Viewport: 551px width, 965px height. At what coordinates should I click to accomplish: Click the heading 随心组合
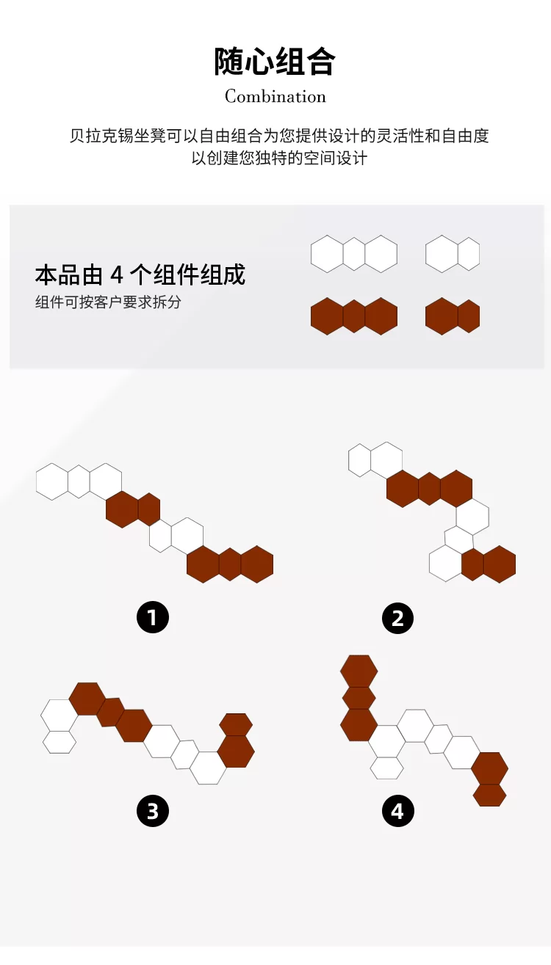pyautogui.click(x=275, y=62)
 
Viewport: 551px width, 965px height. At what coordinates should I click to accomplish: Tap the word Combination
pyautogui.click(x=275, y=96)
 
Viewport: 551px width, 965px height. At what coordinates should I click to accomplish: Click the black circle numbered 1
pyautogui.click(x=153, y=617)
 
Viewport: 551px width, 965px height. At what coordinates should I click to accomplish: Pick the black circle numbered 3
pyautogui.click(x=153, y=811)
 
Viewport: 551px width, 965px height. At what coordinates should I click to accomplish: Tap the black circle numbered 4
pyautogui.click(x=397, y=811)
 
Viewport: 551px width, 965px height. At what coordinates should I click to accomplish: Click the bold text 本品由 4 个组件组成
pyautogui.click(x=140, y=274)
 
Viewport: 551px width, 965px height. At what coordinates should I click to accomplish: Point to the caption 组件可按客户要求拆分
pyautogui.click(x=108, y=302)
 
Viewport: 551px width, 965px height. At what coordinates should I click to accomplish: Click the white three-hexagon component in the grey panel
pyautogui.click(x=354, y=254)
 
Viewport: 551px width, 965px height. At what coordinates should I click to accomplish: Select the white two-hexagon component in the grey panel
pyautogui.click(x=452, y=254)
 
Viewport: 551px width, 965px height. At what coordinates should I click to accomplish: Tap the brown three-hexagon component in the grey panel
pyautogui.click(x=354, y=316)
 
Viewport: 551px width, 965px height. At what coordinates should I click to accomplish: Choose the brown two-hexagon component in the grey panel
pyautogui.click(x=452, y=316)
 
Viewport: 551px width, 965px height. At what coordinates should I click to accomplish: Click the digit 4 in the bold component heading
pyautogui.click(x=117, y=275)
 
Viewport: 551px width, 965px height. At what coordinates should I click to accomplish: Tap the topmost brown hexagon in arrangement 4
pyautogui.click(x=359, y=671)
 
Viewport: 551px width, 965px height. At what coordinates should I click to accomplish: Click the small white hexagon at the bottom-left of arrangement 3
pyautogui.click(x=60, y=742)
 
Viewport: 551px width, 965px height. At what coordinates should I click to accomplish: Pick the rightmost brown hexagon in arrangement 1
pyautogui.click(x=257, y=564)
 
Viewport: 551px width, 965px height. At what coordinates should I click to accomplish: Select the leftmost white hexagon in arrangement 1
pyautogui.click(x=52, y=481)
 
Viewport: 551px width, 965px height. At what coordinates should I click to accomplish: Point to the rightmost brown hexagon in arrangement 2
pyautogui.click(x=500, y=564)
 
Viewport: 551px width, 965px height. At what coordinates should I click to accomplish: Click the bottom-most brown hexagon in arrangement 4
pyautogui.click(x=489, y=795)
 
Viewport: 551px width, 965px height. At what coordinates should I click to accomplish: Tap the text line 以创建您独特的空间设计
pyautogui.click(x=279, y=158)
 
